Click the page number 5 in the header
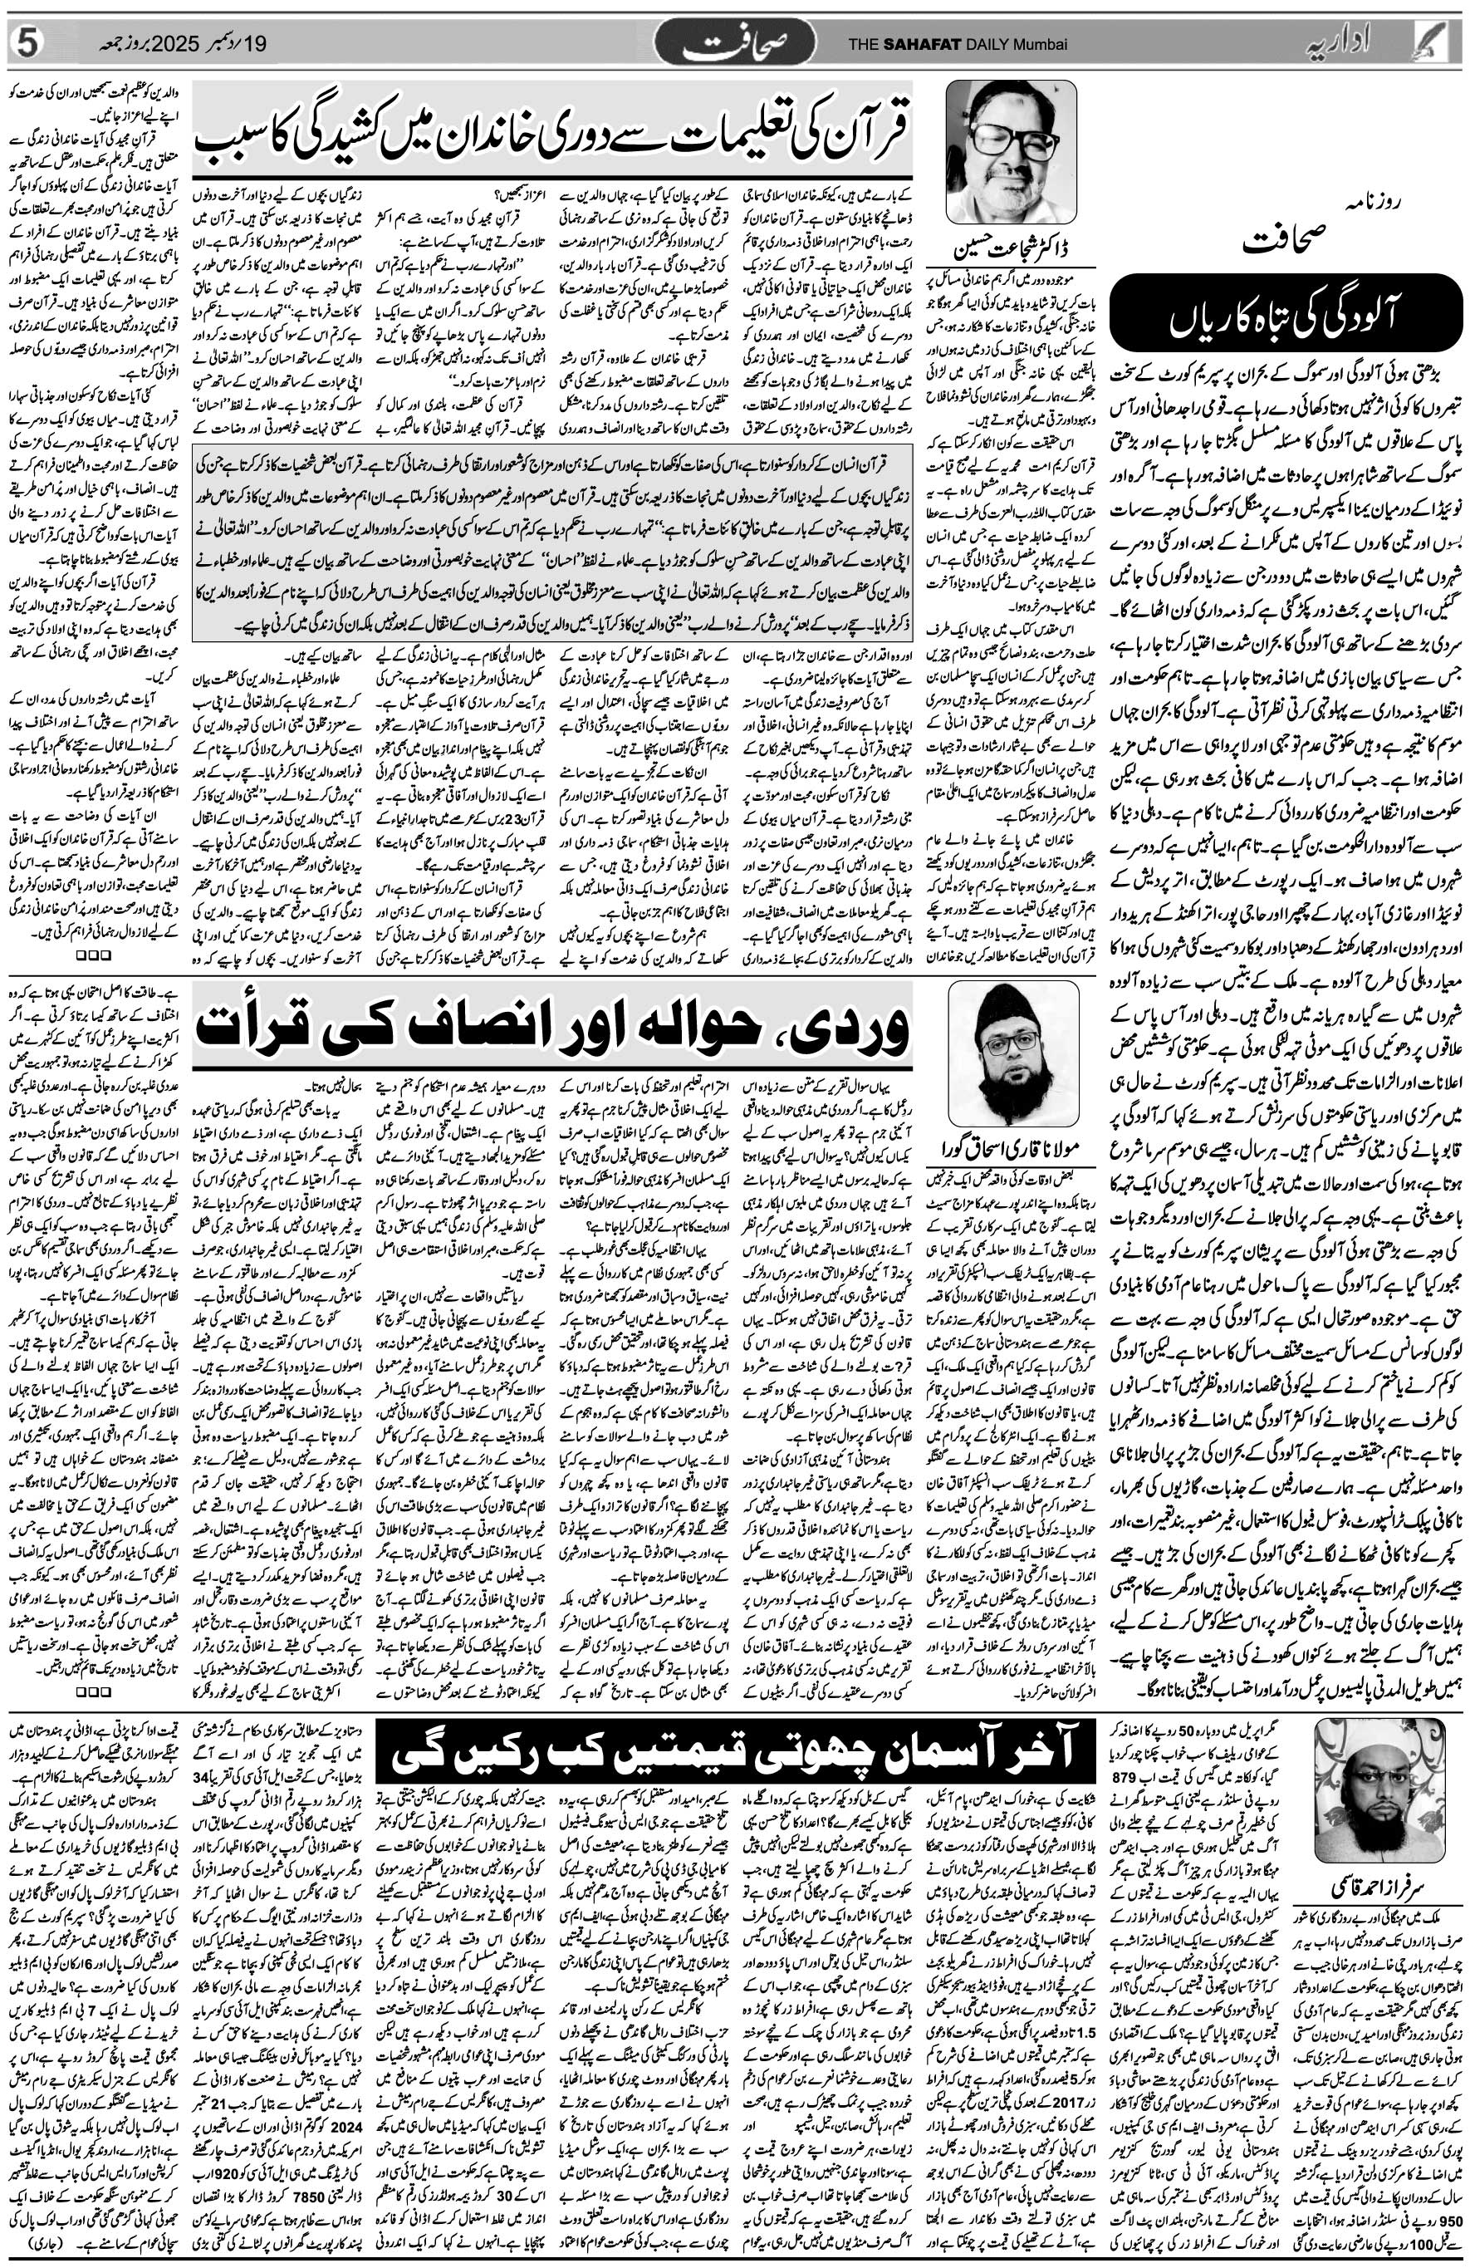[x=26, y=44]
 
